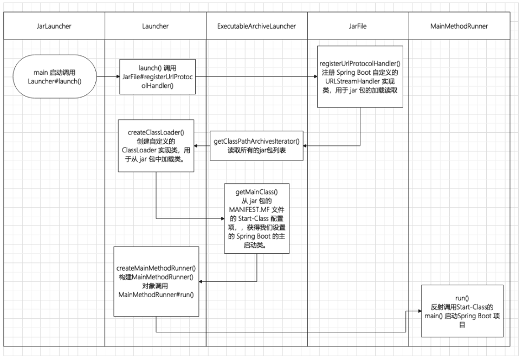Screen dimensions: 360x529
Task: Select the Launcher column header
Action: coord(156,25)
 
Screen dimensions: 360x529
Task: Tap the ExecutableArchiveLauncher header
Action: coord(257,25)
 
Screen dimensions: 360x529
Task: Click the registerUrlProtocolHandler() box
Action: coord(360,76)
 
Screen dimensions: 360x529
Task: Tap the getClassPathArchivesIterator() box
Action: coord(257,145)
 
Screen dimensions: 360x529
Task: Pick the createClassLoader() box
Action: coord(156,145)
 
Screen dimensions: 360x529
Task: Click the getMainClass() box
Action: coord(257,218)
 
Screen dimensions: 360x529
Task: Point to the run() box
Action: coord(462,311)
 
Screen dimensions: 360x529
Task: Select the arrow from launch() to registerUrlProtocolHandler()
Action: coord(255,76)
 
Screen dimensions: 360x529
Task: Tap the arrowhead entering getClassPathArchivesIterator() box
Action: coord(306,145)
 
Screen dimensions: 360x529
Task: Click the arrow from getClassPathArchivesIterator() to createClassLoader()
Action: coord(202,145)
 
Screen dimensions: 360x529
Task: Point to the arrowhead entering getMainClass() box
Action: coord(222,218)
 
